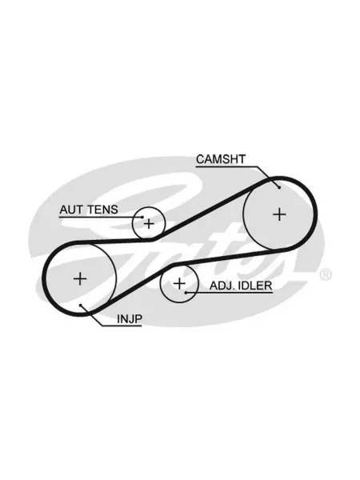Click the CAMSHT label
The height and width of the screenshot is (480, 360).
(x=221, y=159)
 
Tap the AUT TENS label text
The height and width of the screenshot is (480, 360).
(x=89, y=210)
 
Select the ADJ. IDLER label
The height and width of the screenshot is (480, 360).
(x=241, y=286)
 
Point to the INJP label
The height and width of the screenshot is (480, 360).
(x=130, y=319)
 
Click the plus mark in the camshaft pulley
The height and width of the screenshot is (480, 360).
(x=279, y=214)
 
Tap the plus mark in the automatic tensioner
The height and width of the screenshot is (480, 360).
(x=149, y=224)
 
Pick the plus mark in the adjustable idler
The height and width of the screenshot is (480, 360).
(x=179, y=283)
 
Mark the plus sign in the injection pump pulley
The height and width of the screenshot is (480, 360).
(x=80, y=278)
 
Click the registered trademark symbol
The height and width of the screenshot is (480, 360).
(x=326, y=274)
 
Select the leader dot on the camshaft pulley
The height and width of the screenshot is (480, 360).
(x=279, y=188)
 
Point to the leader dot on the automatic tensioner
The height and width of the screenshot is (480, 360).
(x=142, y=217)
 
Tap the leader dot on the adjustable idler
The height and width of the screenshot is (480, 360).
(x=186, y=293)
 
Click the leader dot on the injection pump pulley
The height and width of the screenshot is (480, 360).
(x=80, y=305)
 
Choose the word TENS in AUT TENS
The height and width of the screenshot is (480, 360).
(x=102, y=210)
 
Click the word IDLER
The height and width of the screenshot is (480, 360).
(x=255, y=286)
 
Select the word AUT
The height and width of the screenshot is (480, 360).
(x=71, y=210)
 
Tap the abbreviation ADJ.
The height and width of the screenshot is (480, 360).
(x=222, y=286)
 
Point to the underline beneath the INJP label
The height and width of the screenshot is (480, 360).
(x=122, y=326)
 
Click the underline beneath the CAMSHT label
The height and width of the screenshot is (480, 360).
(x=227, y=167)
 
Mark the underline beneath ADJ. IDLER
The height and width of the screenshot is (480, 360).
(x=229, y=293)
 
